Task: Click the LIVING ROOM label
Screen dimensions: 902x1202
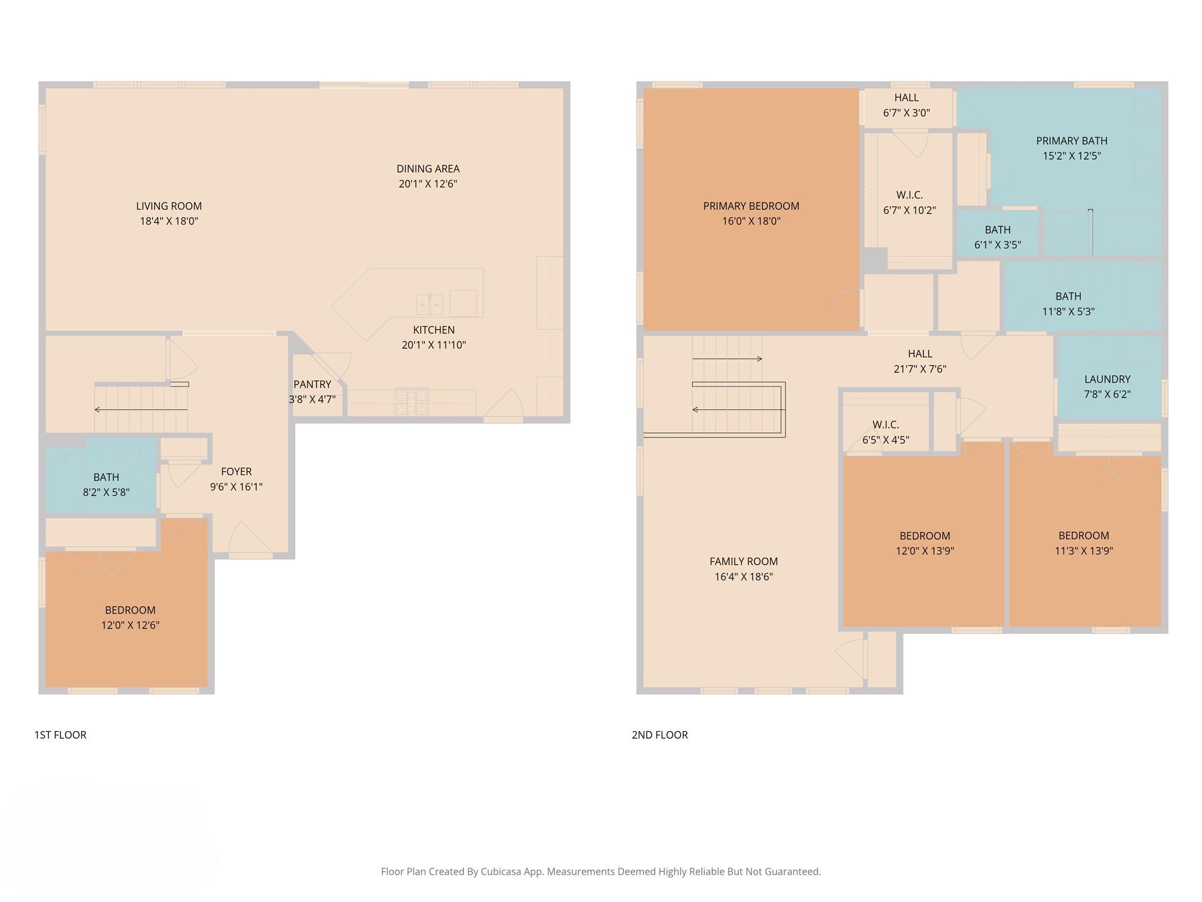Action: (x=168, y=206)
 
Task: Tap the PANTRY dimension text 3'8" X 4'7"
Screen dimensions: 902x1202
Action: (x=312, y=399)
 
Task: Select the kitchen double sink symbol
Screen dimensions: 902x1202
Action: (x=430, y=304)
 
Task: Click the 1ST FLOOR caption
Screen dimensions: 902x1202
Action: (x=60, y=735)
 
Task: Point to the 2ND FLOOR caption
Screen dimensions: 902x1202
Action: (x=660, y=735)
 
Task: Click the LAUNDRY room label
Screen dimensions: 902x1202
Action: (x=1107, y=379)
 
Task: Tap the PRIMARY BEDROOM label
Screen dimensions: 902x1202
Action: (x=751, y=206)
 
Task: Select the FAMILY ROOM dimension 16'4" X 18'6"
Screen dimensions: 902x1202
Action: (x=743, y=577)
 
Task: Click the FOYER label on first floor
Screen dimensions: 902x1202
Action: (x=236, y=472)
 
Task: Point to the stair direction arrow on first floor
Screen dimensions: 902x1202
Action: (x=141, y=409)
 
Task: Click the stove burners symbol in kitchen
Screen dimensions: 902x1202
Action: (x=411, y=401)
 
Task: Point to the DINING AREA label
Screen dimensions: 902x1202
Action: (x=427, y=169)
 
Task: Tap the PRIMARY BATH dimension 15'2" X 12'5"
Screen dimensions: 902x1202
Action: (x=1071, y=156)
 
